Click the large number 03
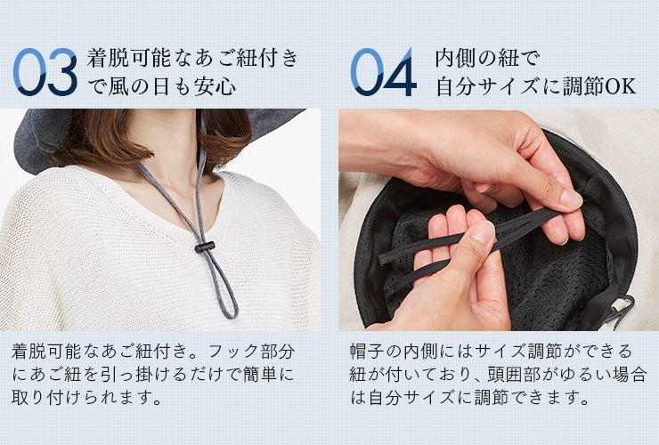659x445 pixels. pos(45,72)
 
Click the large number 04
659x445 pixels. pos(383,72)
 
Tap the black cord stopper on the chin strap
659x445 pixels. pos(205,247)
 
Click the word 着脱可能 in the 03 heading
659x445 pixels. pos(128,58)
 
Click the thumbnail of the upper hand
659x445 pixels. pos(570,198)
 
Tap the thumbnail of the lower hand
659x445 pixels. pos(484,231)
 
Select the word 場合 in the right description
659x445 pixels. pos(629,375)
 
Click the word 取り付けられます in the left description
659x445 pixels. pos(80,397)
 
